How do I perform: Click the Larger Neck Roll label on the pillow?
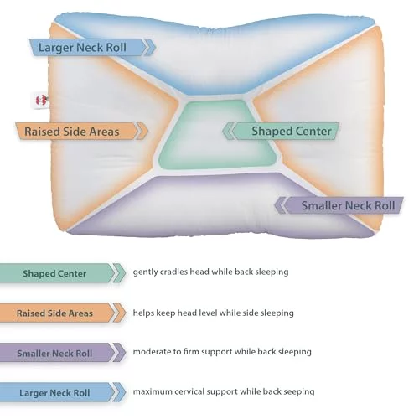click(x=92, y=47)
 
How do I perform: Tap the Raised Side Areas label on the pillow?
click(x=81, y=131)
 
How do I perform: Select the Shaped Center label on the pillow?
click(x=281, y=131)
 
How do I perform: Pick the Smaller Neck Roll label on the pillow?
click(x=339, y=205)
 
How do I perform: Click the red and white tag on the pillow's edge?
click(x=40, y=100)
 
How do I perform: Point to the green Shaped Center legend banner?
click(x=63, y=273)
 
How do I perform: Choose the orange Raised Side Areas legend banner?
click(x=63, y=313)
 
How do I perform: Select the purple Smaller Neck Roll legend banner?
click(x=63, y=353)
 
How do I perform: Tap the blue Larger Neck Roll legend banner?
click(x=63, y=392)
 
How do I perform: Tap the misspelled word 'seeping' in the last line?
click(x=299, y=392)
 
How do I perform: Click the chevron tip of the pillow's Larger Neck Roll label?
click(x=156, y=47)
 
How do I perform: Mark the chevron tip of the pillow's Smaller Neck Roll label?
click(x=274, y=205)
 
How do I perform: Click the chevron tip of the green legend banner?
click(x=126, y=273)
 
